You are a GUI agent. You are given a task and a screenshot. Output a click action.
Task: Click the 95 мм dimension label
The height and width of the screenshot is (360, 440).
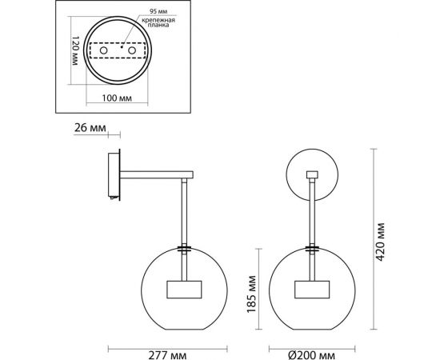158,11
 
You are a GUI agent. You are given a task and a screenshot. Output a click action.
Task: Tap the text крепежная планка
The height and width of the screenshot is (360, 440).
158,22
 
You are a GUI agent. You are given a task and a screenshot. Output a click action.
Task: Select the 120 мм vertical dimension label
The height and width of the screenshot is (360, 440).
75,50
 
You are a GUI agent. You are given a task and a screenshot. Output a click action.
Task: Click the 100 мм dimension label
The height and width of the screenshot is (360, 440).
117,98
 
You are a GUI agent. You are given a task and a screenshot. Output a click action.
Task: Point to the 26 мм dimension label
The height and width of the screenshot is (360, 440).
90,128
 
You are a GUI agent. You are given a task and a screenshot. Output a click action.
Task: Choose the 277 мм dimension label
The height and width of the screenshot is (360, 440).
167,355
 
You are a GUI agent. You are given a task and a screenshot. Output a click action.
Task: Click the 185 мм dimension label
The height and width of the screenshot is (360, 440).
251,294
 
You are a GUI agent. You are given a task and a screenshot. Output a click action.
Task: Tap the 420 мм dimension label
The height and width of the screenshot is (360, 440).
380,242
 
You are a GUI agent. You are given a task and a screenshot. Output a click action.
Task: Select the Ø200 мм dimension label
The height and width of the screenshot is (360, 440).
312,355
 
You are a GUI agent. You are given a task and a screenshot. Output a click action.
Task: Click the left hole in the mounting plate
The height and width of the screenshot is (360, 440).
103,50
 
